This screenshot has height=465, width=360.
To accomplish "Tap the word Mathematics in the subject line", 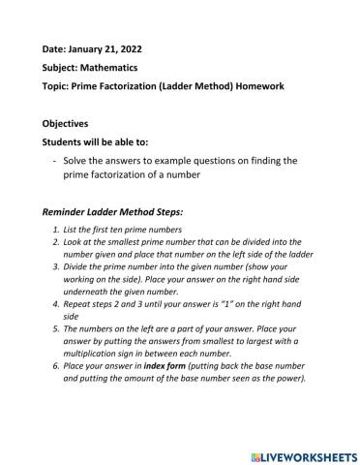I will [x=110, y=68].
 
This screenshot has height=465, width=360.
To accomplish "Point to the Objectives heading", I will [x=65, y=124].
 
